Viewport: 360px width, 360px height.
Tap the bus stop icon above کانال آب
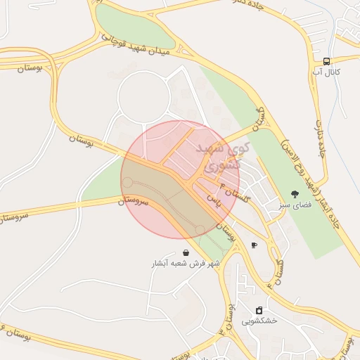pyautogui.click(x=327, y=61)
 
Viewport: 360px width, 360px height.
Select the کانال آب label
pyautogui.click(x=327, y=72)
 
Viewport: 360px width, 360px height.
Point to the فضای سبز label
pyautogui.click(x=295, y=203)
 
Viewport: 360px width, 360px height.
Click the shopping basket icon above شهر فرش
pyautogui.click(x=185, y=253)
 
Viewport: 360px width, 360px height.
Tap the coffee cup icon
pyautogui.click(x=254, y=245)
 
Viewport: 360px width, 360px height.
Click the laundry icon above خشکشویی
pyautogui.click(x=259, y=310)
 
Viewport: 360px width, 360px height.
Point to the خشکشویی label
pyautogui.click(x=259, y=321)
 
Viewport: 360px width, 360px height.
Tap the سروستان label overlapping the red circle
pyautogui.click(x=134, y=200)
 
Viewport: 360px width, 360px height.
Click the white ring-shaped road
pyautogui.click(x=119, y=98)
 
